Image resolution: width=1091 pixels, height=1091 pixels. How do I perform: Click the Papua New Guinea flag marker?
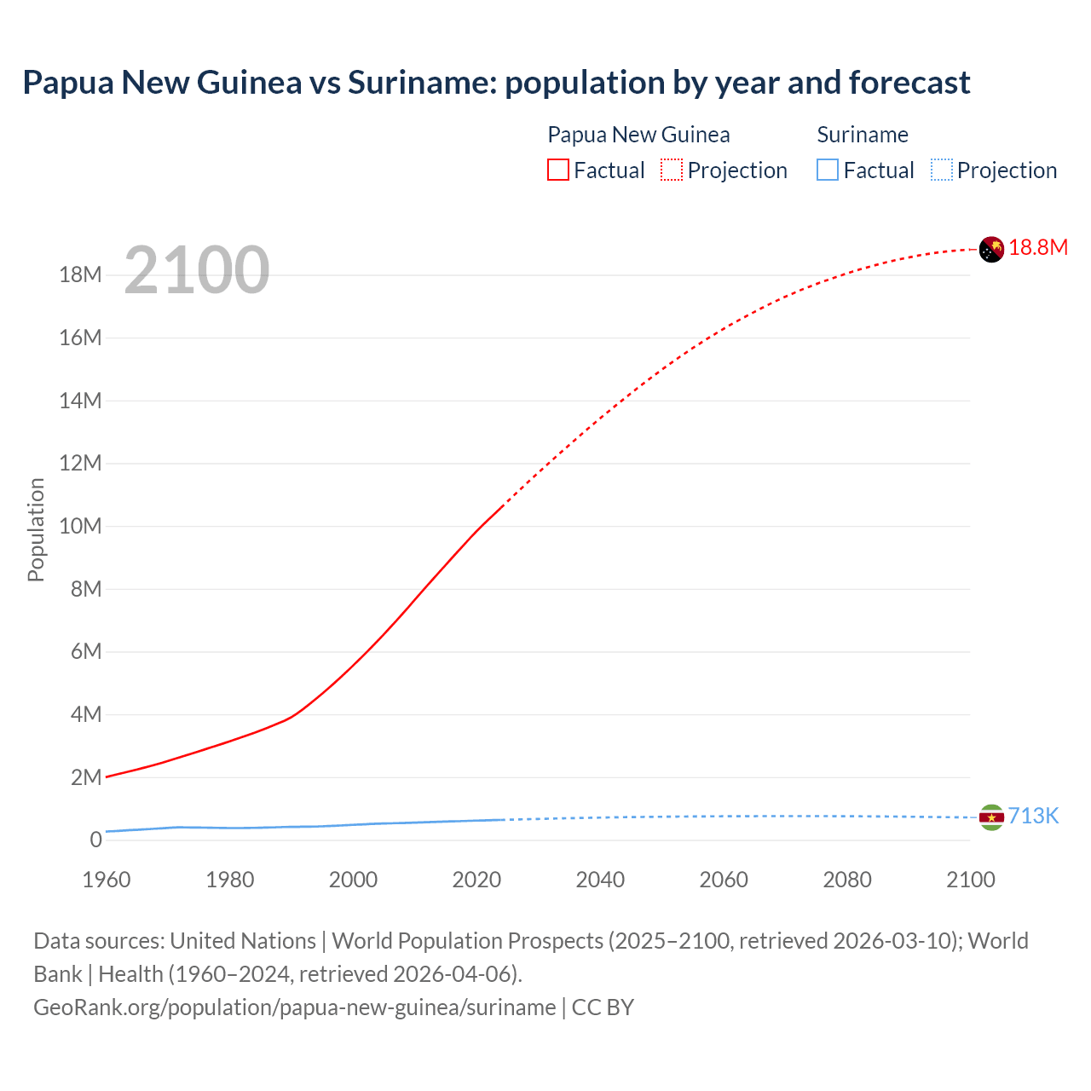click(991, 249)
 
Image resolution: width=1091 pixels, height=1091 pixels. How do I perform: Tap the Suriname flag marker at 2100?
click(991, 817)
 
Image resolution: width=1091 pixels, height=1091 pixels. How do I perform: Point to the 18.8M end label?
click(1038, 248)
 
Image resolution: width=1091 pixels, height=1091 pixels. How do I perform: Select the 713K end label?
click(1033, 817)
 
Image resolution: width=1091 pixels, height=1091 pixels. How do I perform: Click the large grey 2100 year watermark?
click(197, 270)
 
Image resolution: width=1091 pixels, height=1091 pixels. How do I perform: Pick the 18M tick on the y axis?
click(81, 275)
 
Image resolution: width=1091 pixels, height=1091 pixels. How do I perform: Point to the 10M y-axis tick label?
click(81, 526)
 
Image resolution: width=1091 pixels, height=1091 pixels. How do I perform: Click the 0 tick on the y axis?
click(95, 840)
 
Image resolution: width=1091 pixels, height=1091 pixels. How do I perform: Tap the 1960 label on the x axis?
click(107, 880)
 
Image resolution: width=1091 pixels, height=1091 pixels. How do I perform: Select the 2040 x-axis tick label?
click(600, 880)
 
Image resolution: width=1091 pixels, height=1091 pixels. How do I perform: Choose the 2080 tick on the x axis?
click(847, 880)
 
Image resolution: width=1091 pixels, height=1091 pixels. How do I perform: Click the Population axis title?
click(36, 529)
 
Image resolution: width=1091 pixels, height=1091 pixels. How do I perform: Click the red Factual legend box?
click(558, 170)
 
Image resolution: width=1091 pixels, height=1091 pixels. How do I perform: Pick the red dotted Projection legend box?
click(672, 170)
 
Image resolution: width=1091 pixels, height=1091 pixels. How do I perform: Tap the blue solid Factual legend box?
click(828, 170)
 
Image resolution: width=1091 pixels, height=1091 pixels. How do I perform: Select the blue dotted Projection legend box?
click(942, 170)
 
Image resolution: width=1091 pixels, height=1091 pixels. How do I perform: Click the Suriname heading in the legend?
click(863, 135)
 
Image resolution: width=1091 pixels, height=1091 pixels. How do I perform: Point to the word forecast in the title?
click(909, 83)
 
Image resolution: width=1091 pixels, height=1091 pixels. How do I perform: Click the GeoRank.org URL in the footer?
click(294, 1007)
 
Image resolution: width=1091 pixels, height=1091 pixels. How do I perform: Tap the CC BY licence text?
click(603, 1007)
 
